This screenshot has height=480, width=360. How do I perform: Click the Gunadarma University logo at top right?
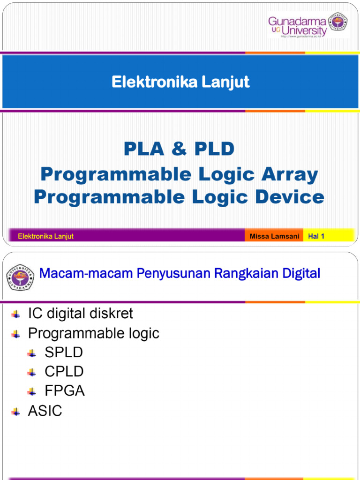pos(307,26)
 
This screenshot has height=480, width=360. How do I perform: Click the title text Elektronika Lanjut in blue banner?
pos(180,82)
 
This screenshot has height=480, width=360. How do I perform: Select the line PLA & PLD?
pos(179,149)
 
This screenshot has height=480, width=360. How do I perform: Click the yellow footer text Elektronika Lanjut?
pos(45,236)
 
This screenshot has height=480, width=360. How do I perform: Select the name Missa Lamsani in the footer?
pos(274,236)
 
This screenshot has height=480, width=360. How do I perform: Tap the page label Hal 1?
pos(316,236)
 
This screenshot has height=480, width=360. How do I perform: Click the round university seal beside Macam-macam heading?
pos(20,277)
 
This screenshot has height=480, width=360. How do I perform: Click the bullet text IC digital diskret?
pos(81,313)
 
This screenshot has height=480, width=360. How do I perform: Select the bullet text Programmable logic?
pos(94,333)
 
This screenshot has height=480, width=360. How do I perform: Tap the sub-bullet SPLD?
pos(64,352)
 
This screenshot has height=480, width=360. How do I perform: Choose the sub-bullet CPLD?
pos(64,372)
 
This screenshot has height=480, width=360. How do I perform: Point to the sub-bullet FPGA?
pos(65,391)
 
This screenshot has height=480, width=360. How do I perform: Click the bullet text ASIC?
pos(45,411)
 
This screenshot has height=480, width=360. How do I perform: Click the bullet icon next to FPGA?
pos(32,391)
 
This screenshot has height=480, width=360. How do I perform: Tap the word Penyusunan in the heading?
pos(173,273)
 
